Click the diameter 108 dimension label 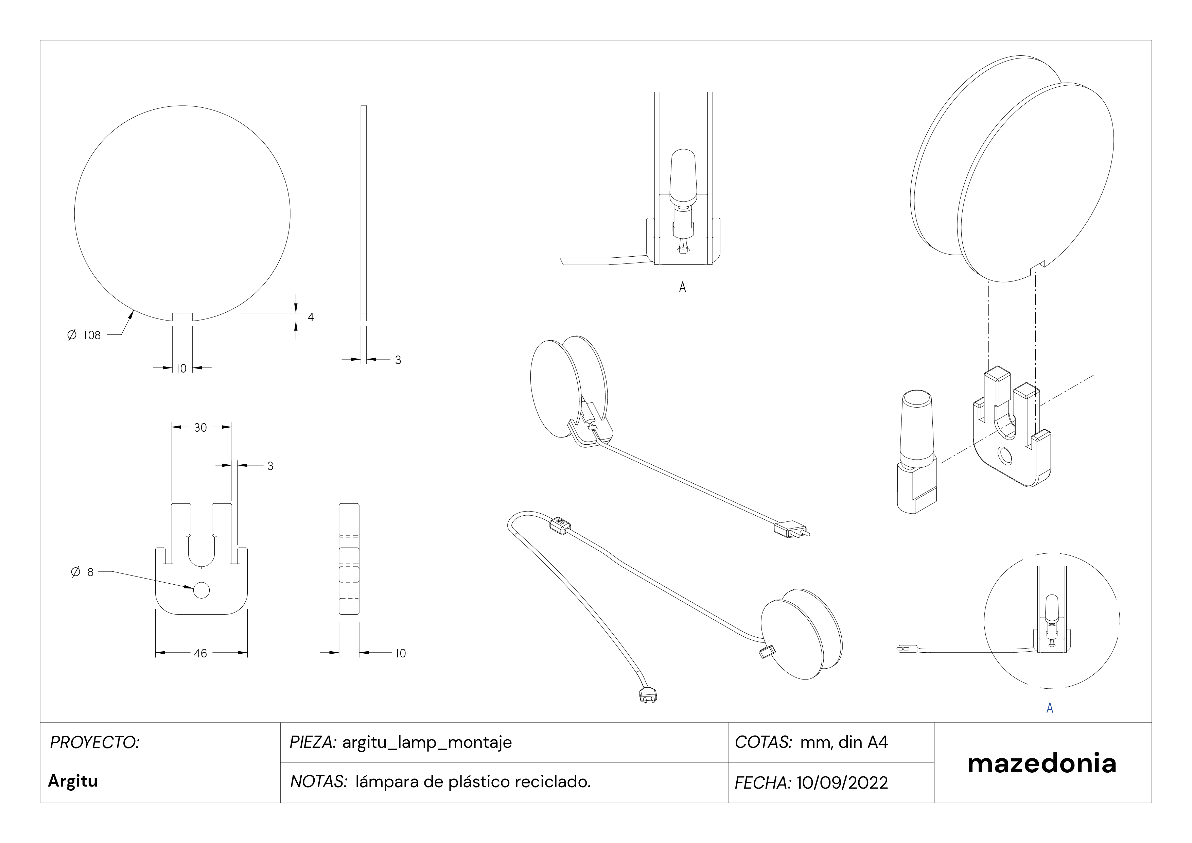click(84, 335)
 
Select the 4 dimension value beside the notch click(311, 317)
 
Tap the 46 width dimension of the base click(200, 653)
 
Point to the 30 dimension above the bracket click(200, 428)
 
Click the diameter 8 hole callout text click(82, 572)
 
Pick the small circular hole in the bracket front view click(201, 590)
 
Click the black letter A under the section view click(682, 287)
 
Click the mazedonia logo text click(1042, 763)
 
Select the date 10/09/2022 click(842, 782)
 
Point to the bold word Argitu click(73, 781)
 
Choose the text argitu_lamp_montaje click(427, 743)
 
